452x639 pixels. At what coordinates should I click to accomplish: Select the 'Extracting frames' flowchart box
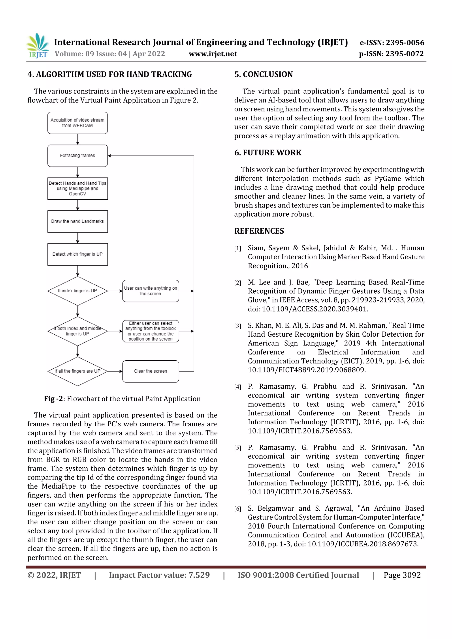point(77,156)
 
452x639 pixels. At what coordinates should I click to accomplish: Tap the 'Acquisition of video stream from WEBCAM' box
point(77,123)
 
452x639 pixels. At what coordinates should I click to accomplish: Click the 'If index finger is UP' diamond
point(77,290)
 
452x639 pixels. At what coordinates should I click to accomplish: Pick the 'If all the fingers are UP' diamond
point(77,371)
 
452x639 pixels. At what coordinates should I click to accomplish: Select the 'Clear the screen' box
point(150,371)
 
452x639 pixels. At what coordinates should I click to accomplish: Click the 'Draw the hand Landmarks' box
point(77,221)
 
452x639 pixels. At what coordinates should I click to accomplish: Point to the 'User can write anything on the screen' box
point(150,291)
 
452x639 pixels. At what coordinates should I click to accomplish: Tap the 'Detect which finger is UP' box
point(77,254)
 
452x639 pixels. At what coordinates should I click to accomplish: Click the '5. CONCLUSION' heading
point(264,74)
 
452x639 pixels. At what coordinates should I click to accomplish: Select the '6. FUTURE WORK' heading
point(268,152)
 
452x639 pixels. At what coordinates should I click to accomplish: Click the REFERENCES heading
point(259,231)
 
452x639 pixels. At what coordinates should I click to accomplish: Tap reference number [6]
point(237,509)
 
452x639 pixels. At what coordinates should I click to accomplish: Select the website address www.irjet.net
point(213,54)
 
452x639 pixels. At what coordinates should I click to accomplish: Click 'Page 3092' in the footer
point(402,575)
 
